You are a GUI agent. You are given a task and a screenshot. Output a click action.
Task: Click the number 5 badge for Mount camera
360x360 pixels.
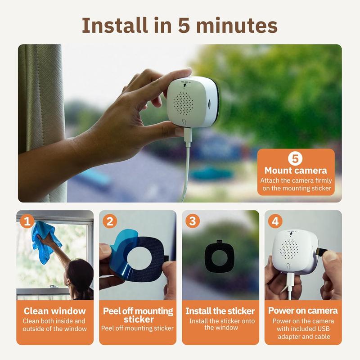296,158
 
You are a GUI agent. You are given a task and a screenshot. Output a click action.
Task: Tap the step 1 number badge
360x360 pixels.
28,221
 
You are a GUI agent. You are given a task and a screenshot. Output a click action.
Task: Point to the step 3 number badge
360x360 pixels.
193,221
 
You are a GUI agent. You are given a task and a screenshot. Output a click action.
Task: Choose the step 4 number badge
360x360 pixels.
275,221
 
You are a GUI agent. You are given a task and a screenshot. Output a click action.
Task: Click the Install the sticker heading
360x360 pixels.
220,311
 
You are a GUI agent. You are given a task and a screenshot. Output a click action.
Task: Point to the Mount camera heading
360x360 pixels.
296,171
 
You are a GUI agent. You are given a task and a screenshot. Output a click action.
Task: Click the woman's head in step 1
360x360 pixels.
79,274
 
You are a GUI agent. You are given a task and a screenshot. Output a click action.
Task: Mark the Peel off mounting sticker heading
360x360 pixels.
138,315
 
